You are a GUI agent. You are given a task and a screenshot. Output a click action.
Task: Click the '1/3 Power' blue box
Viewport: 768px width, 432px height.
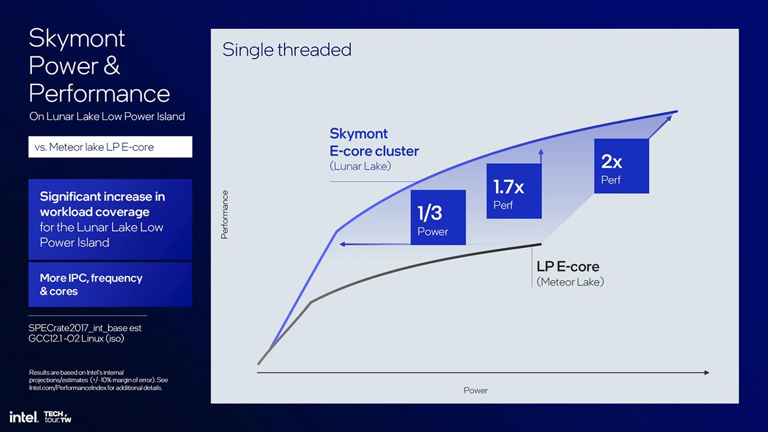[438, 217]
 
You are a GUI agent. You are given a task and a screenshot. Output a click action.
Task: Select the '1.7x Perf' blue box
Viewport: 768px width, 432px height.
[514, 191]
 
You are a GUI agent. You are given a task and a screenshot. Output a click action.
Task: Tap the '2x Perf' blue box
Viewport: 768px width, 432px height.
[621, 166]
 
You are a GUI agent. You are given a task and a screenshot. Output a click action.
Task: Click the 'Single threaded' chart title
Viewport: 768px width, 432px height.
[287, 50]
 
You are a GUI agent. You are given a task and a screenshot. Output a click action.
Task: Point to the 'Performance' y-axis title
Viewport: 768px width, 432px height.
[225, 215]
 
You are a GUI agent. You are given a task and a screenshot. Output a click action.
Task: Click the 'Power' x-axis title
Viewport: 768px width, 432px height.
[475, 391]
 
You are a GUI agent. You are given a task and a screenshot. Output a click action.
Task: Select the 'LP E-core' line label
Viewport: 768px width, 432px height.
[568, 266]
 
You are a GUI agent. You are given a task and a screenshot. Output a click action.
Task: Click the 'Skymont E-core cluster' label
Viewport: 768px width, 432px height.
[374, 142]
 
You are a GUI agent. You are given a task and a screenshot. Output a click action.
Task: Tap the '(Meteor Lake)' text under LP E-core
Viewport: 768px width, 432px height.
[570, 282]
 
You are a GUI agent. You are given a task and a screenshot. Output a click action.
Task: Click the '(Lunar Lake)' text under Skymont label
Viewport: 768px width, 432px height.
[360, 166]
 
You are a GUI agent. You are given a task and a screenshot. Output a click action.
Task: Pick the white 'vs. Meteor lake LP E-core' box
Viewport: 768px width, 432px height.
[110, 147]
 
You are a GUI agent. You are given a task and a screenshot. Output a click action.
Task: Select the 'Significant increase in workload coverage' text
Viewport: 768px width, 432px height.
[102, 204]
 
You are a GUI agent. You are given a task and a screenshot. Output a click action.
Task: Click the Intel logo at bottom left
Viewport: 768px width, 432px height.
[23, 416]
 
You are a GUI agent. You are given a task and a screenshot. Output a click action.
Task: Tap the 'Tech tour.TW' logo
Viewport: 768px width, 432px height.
[58, 416]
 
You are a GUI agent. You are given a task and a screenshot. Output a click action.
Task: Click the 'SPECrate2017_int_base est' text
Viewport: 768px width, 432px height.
[85, 328]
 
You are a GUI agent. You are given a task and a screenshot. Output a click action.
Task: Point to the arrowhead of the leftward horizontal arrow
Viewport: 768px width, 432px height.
[342, 244]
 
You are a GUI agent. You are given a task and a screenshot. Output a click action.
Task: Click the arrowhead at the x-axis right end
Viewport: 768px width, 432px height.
[706, 373]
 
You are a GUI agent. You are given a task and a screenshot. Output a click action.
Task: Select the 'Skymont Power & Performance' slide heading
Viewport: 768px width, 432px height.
[99, 66]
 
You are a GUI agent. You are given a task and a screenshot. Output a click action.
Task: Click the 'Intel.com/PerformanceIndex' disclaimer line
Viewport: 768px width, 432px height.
[95, 388]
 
